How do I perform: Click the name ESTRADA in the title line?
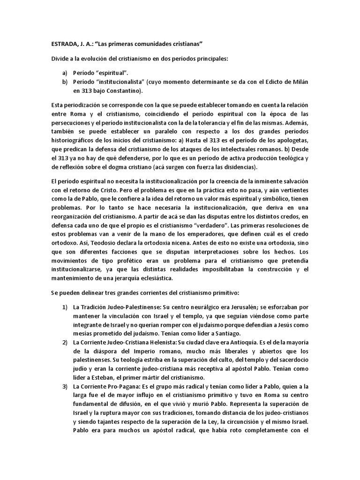(x=66, y=44)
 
